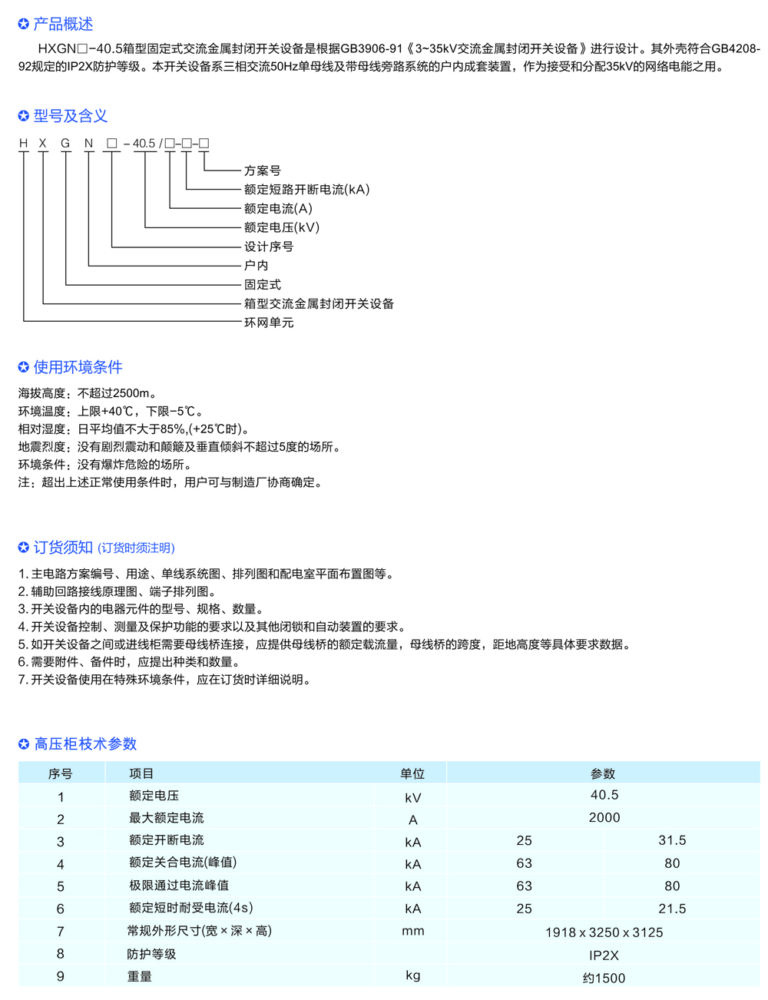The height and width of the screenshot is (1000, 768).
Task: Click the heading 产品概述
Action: [62, 25]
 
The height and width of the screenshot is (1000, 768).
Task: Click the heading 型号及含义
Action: [70, 116]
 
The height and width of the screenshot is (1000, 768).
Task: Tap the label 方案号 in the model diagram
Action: [262, 171]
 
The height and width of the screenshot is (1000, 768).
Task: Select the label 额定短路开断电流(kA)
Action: [306, 190]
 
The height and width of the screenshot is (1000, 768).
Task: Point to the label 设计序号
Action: [269, 247]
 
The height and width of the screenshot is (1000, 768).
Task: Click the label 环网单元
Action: [269, 323]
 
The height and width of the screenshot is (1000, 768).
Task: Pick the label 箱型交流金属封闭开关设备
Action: [319, 303]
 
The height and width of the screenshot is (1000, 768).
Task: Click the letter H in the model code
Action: [23, 144]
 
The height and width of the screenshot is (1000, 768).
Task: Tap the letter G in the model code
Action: [66, 144]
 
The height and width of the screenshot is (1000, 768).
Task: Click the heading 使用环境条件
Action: [78, 367]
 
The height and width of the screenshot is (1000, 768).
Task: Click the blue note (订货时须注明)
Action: [137, 548]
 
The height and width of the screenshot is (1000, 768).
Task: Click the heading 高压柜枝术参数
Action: [85, 743]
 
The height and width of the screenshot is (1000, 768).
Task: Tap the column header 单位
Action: [412, 773]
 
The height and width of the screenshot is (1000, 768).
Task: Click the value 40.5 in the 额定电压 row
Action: [604, 795]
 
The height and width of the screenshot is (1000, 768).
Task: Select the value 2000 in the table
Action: [604, 818]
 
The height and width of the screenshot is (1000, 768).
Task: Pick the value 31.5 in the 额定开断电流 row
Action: [672, 840]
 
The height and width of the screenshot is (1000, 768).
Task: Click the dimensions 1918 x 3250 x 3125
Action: [604, 932]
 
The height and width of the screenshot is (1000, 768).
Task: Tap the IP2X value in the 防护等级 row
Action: [604, 955]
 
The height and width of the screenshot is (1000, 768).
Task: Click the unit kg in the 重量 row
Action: [413, 975]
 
